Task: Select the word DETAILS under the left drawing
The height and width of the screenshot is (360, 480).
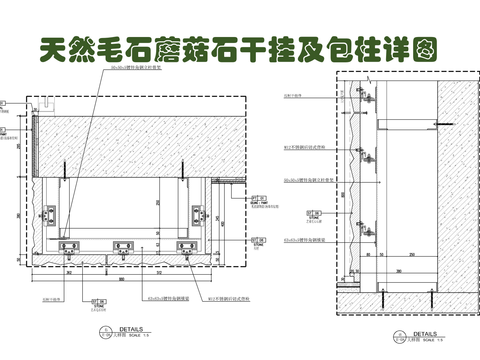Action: pos(132,327)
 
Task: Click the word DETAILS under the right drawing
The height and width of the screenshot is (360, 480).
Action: pos(417,334)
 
